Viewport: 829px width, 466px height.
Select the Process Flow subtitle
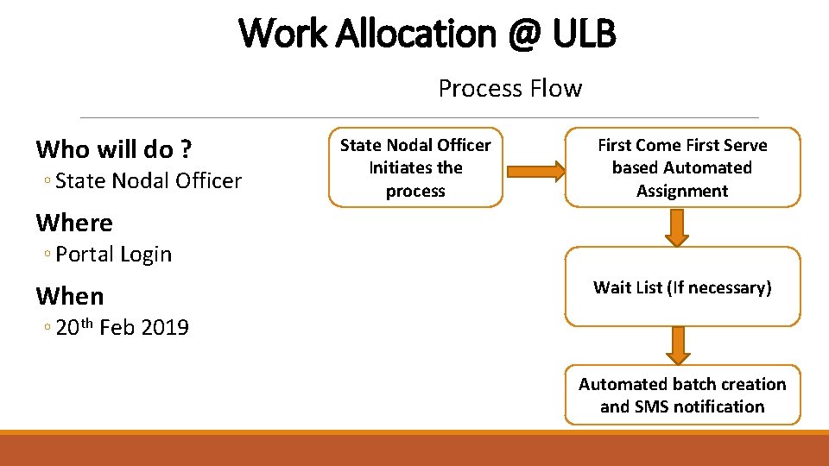[510, 88]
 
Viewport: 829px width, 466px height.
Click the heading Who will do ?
[113, 149]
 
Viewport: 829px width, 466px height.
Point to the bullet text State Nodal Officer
[149, 180]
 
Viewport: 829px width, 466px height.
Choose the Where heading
[74, 223]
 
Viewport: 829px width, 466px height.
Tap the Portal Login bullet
[114, 254]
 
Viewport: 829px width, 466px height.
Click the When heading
[70, 296]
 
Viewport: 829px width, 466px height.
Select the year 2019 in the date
[164, 327]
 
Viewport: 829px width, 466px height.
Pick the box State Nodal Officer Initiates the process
[415, 167]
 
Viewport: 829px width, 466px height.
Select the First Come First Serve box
[682, 167]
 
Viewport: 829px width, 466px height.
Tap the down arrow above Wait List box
[678, 227]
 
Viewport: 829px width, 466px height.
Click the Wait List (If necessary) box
[682, 287]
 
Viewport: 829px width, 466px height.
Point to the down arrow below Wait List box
[678, 345]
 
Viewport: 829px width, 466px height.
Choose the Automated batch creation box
[682, 395]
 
